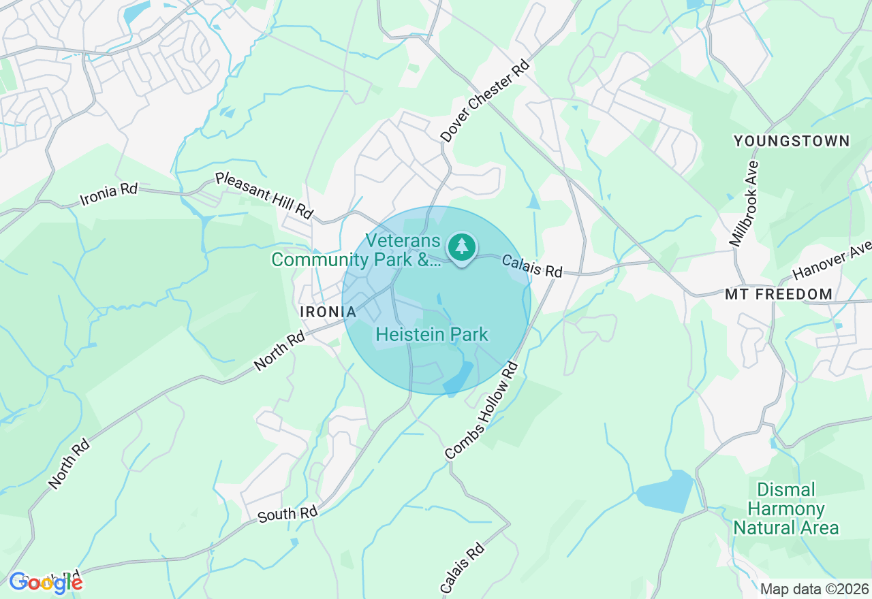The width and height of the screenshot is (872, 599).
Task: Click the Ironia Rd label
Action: pos(109,194)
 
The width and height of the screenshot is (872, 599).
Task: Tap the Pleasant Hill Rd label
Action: pos(264,196)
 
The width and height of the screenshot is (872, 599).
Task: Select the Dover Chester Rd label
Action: pos(485,101)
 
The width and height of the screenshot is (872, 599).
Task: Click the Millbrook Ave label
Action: pos(743,204)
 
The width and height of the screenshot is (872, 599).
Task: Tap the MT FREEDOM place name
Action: pos(779,295)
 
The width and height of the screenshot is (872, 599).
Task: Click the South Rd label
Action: pos(288,514)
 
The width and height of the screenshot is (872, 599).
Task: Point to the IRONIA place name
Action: pos(328,312)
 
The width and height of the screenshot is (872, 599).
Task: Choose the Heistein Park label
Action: pos(432,334)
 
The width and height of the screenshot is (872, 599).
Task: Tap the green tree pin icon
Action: pos(462,246)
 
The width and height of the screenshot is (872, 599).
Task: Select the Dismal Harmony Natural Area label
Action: pos(785,509)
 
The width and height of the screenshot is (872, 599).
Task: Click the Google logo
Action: pos(46,582)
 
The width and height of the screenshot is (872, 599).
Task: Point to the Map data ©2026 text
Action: pos(814,589)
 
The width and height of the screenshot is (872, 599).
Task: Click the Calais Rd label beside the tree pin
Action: pos(533,266)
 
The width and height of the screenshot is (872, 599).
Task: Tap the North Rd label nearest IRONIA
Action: pos(280,351)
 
